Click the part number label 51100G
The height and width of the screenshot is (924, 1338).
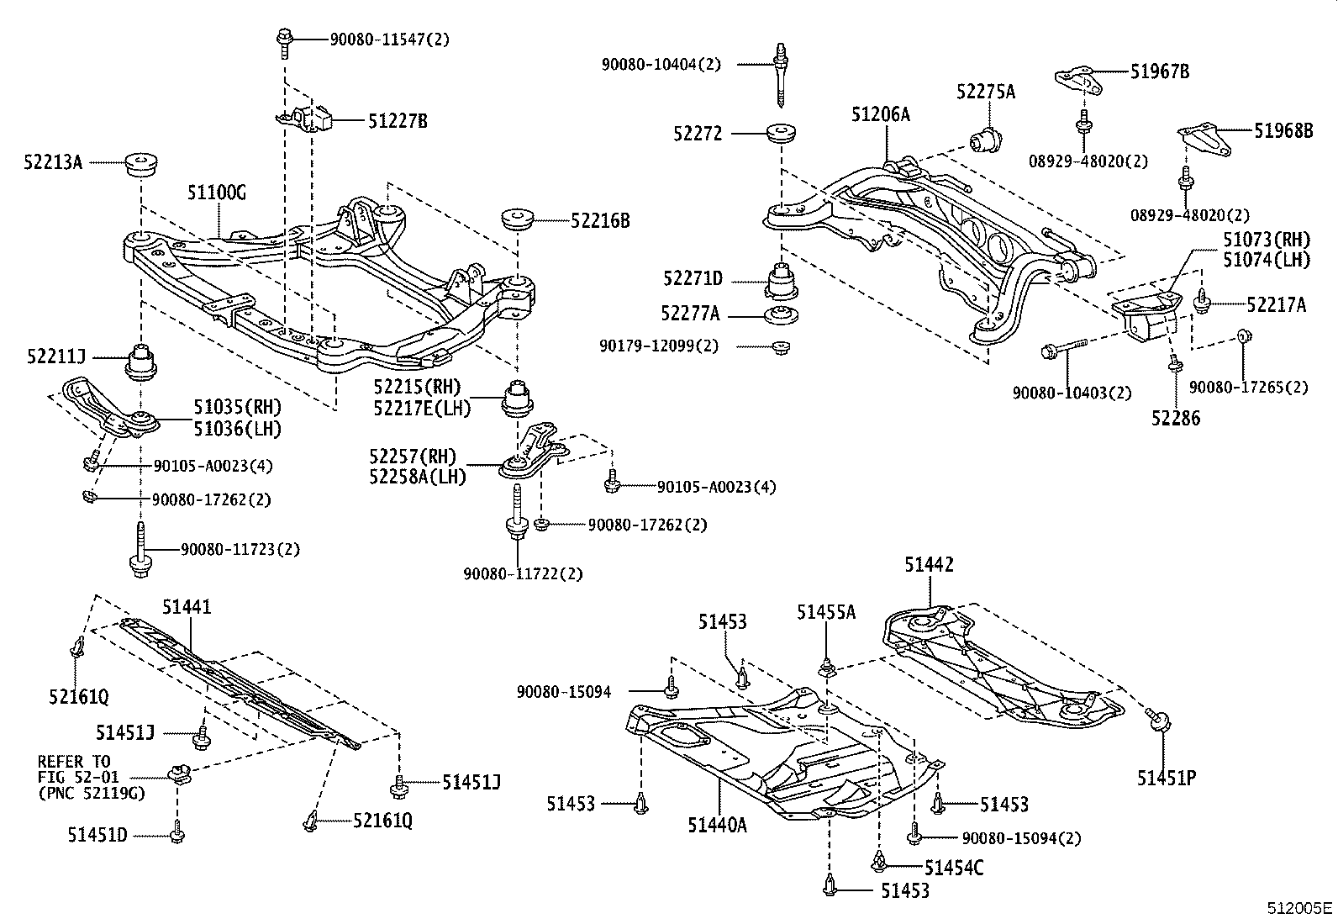click(216, 193)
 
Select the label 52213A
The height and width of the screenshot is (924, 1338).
click(53, 163)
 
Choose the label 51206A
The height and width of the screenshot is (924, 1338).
click(880, 115)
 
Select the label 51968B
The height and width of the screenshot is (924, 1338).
click(1283, 130)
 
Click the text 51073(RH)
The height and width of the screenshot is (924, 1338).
click(1266, 240)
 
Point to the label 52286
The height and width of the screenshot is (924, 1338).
click(1176, 418)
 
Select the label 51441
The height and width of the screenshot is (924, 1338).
click(187, 607)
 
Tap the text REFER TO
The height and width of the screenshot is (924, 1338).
click(72, 761)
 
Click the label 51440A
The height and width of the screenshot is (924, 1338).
click(717, 825)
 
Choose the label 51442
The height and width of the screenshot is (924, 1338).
click(929, 565)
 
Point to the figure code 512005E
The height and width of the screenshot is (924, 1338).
click(1300, 908)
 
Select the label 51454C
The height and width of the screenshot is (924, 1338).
click(953, 867)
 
